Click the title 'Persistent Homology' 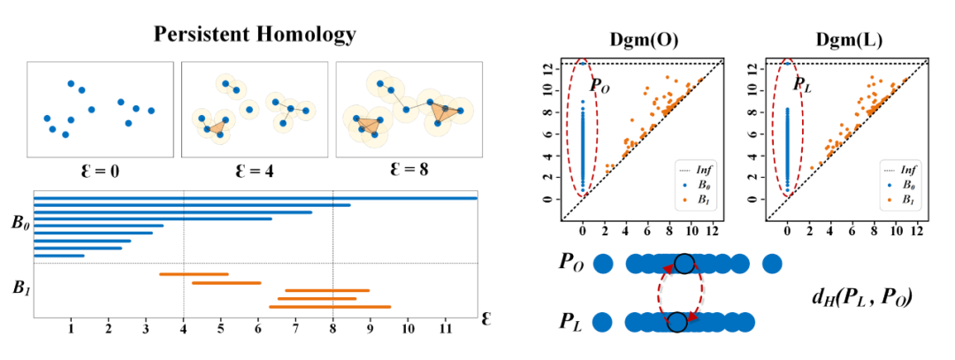(x=255, y=34)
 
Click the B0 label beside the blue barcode (x=19, y=222)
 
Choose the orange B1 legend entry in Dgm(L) (x=905, y=200)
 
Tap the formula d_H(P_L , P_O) (x=860, y=293)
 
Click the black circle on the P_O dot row (x=683, y=263)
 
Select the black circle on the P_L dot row (x=676, y=322)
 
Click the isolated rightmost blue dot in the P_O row (x=772, y=263)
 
